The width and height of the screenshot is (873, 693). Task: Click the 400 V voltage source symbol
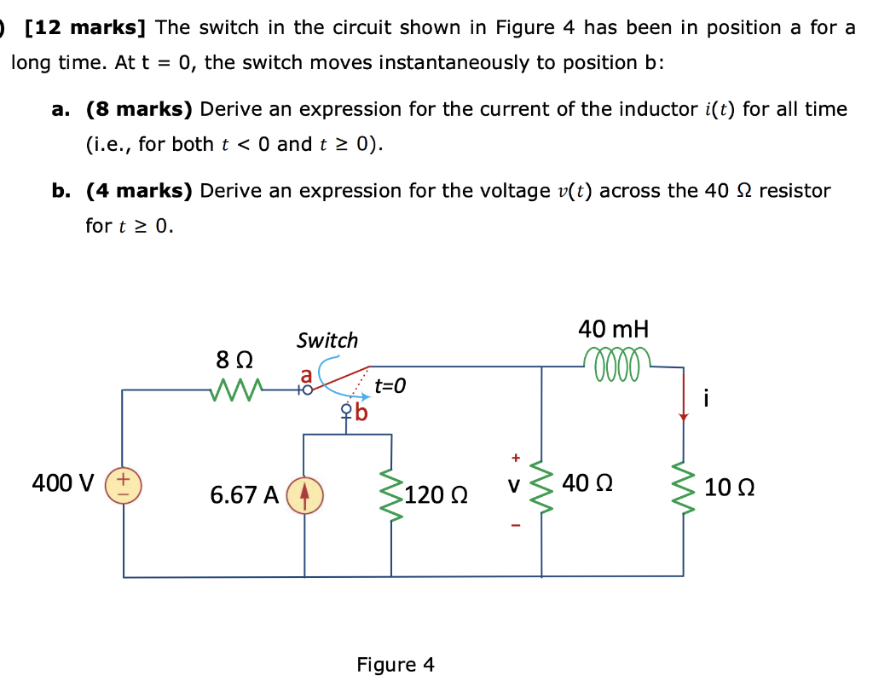(124, 485)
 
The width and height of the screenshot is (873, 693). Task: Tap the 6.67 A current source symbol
(305, 495)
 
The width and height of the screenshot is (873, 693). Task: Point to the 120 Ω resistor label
(436, 494)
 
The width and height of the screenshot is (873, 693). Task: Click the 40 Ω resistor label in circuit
(587, 483)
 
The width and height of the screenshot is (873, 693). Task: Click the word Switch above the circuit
(327, 340)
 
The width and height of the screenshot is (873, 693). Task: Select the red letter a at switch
(305, 375)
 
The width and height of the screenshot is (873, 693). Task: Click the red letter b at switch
(361, 415)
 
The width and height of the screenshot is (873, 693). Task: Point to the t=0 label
(390, 386)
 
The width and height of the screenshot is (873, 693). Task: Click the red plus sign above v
(515, 456)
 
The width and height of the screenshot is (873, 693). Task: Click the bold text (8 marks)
(140, 109)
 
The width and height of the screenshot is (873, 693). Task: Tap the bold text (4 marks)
(140, 190)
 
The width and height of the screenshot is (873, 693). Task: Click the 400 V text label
(62, 483)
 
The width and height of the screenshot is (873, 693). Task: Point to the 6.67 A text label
(244, 495)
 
